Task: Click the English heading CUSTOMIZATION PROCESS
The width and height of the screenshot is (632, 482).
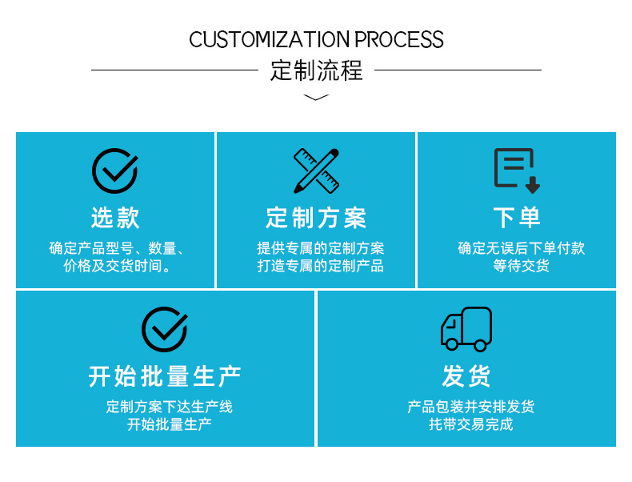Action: pyautogui.click(x=316, y=39)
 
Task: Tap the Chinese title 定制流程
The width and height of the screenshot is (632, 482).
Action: pyautogui.click(x=316, y=70)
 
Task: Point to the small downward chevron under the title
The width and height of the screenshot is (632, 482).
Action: pyautogui.click(x=317, y=98)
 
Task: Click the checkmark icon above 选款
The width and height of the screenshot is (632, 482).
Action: pyautogui.click(x=115, y=171)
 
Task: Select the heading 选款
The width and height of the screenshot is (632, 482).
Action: pyautogui.click(x=115, y=217)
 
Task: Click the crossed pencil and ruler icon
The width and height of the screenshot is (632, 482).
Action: pyautogui.click(x=316, y=171)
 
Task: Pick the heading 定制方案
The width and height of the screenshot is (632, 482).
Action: pyautogui.click(x=316, y=217)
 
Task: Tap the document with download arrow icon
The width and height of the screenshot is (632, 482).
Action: pyautogui.click(x=517, y=171)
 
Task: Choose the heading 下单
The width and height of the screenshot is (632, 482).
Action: pyautogui.click(x=517, y=217)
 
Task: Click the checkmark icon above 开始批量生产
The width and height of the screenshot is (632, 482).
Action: pyautogui.click(x=165, y=329)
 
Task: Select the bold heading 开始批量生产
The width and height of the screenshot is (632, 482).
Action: pyautogui.click(x=165, y=376)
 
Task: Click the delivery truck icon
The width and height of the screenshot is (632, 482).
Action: pyautogui.click(x=466, y=329)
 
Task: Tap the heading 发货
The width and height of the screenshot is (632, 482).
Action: pyautogui.click(x=466, y=376)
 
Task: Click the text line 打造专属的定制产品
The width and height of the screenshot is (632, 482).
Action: pyautogui.click(x=320, y=267)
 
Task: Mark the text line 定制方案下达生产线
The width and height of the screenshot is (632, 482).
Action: pyautogui.click(x=170, y=407)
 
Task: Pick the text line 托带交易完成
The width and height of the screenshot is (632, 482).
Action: pyautogui.click(x=470, y=424)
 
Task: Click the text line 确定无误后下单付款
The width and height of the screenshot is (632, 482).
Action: pyautogui.click(x=521, y=248)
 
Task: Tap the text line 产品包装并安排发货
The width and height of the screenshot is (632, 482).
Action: pyautogui.click(x=470, y=407)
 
